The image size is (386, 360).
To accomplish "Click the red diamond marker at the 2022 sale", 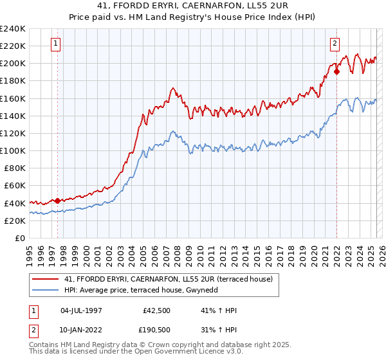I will (336, 72).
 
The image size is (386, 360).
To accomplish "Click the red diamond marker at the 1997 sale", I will (57, 201).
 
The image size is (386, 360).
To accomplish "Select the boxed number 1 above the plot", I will (56, 44).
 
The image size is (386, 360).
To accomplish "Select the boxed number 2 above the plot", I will (335, 44).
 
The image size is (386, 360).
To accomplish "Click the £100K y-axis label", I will (13, 150).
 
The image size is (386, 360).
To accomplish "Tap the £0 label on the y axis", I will (19, 238).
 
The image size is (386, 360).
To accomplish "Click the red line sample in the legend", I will (46, 279).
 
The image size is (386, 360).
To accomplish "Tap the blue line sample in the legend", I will (46, 290).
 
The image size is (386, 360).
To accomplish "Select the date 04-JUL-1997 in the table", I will (82, 311).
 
